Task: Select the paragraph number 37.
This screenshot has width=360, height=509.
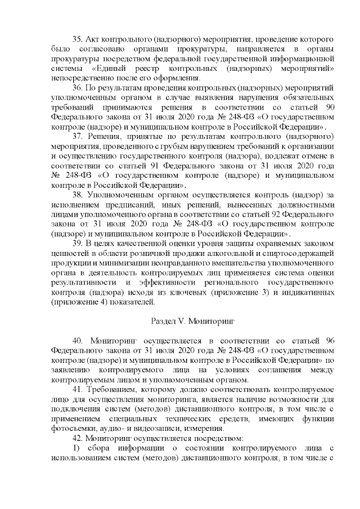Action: click(79, 137)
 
